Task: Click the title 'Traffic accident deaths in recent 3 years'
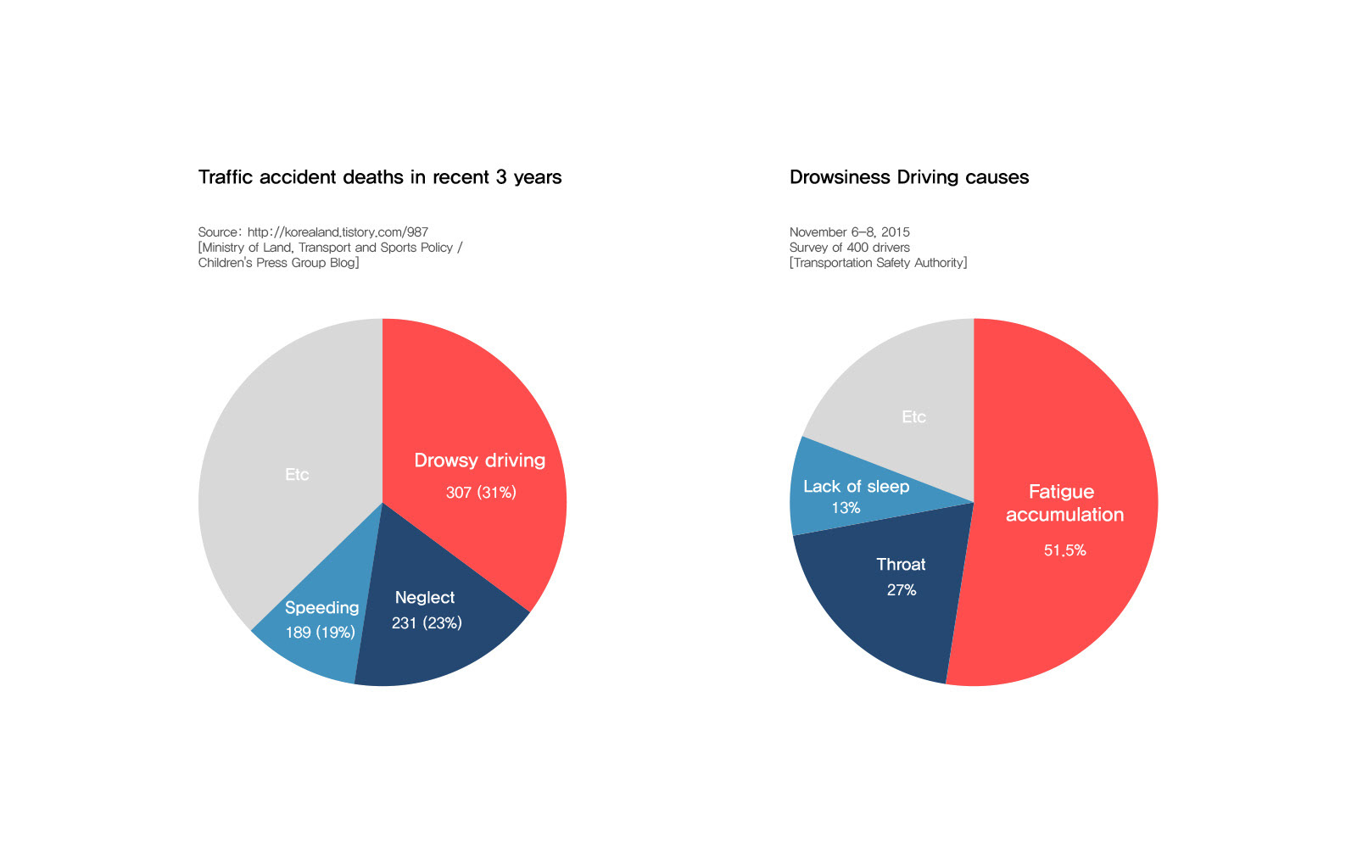(x=379, y=177)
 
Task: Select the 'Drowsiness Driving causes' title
(x=908, y=177)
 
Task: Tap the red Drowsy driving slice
(x=475, y=407)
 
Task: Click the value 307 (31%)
(x=481, y=493)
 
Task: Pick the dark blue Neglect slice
(x=441, y=653)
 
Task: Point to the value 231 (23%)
(x=427, y=623)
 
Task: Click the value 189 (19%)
(x=320, y=633)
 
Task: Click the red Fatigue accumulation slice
(x=1077, y=424)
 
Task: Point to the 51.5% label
(x=1064, y=550)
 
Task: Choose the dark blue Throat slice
(x=882, y=628)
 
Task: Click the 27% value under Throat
(x=902, y=590)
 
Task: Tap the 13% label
(x=846, y=508)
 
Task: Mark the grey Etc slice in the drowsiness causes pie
(x=899, y=382)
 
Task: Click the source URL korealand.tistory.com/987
(x=338, y=232)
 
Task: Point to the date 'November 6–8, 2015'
(x=849, y=232)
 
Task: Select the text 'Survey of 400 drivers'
(x=849, y=248)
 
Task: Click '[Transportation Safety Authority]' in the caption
(x=878, y=263)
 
